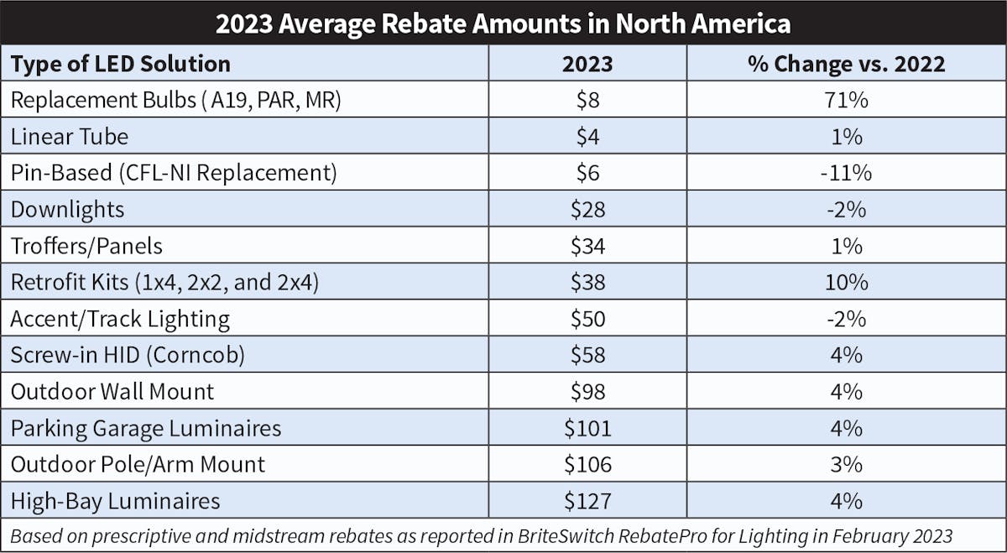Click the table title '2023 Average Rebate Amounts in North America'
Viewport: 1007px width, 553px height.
503,23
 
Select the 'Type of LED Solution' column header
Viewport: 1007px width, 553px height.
120,64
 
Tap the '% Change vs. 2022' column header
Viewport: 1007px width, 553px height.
846,64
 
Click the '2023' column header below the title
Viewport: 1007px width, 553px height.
587,64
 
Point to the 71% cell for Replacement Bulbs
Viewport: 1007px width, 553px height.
846,101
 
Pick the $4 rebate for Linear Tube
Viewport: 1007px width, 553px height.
587,137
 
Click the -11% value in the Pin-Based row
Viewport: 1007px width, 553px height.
846,174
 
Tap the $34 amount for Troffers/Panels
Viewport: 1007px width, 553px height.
587,246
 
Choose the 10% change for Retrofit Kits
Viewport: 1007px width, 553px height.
846,283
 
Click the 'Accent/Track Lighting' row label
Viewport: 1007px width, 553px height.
120,319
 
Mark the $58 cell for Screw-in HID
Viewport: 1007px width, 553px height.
587,355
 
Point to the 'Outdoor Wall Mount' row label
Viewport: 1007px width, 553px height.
112,392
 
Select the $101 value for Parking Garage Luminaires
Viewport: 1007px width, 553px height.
587,428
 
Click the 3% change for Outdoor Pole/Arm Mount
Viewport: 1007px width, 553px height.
846,465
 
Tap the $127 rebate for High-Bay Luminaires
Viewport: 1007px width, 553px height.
587,501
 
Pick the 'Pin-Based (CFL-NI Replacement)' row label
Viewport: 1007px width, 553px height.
174,174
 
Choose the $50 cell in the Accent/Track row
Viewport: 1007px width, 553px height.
587,319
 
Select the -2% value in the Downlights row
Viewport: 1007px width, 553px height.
846,210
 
